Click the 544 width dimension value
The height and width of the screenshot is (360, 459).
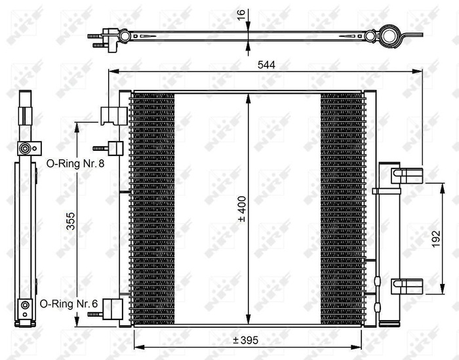(x=266, y=64)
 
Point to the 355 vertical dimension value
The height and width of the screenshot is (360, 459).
(x=70, y=225)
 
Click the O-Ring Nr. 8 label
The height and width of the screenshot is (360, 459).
(x=74, y=163)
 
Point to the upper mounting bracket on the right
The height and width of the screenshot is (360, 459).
(x=407, y=174)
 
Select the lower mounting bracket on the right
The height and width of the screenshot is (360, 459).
(x=407, y=286)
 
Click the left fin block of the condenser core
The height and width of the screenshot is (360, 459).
(x=153, y=209)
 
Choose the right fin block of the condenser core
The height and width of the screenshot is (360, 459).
(x=341, y=209)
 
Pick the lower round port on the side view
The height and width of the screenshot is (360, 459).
(x=25, y=305)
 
